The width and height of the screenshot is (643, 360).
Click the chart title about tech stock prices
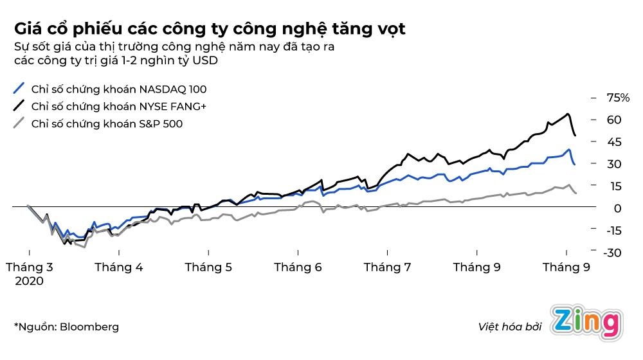[x=210, y=29]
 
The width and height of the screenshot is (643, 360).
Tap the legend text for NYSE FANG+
[x=127, y=106]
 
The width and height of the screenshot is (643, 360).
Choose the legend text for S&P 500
[x=107, y=123]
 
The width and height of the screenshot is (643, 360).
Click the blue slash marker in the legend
[x=19, y=89]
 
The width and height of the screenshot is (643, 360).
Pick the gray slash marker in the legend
[x=19, y=123]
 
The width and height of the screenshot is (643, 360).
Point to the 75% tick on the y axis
[x=618, y=98]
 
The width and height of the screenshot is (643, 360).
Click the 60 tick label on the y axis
[x=613, y=120]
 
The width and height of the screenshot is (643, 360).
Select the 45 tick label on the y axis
[x=613, y=142]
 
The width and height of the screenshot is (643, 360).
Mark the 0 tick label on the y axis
[x=617, y=208]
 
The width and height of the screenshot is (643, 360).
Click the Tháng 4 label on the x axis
[x=118, y=267]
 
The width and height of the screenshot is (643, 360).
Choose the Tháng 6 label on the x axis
[x=298, y=267]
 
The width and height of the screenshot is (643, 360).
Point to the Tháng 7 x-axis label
[x=387, y=267]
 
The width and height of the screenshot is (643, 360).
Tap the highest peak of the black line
[x=568, y=114]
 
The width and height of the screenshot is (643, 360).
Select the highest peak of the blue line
[x=569, y=150]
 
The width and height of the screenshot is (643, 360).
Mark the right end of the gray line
[x=575, y=193]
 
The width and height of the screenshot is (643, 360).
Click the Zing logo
[x=587, y=324]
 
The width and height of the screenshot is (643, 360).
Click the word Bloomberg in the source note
[x=89, y=327]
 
